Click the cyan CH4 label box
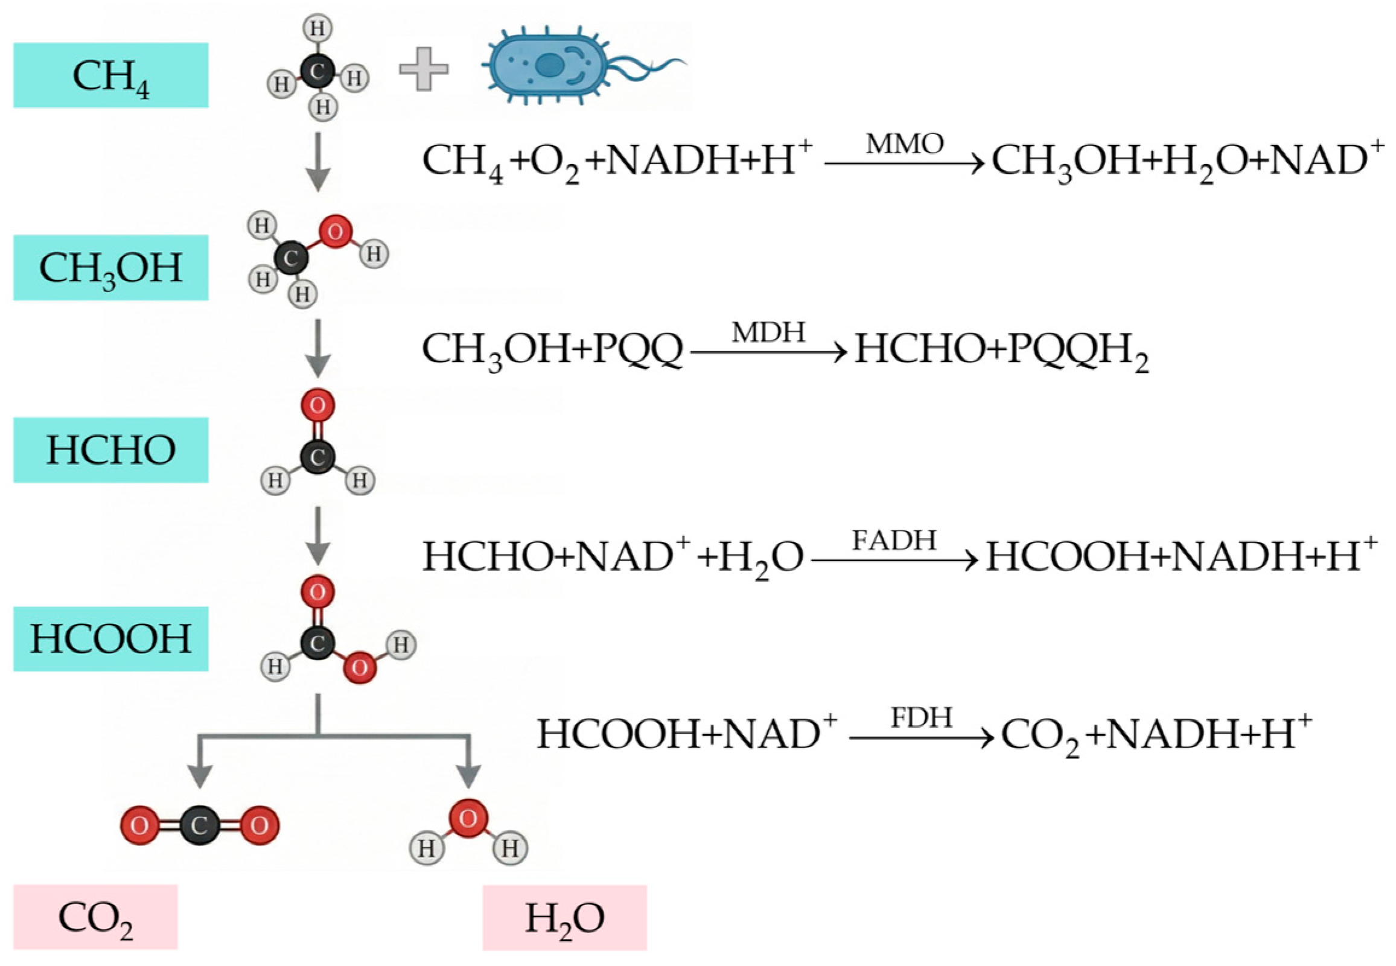111,75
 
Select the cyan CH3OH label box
111,267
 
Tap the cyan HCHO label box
111,450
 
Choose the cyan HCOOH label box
111,638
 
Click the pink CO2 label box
95,917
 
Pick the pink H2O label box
565,918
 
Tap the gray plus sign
424,68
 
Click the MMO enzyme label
905,144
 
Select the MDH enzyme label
768,332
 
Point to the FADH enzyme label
894,540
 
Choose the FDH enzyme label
922,718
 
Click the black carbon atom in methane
317,71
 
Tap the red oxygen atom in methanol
336,231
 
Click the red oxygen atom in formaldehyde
318,405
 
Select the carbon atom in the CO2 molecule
199,825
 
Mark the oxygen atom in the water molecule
468,818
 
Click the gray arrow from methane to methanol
317,162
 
